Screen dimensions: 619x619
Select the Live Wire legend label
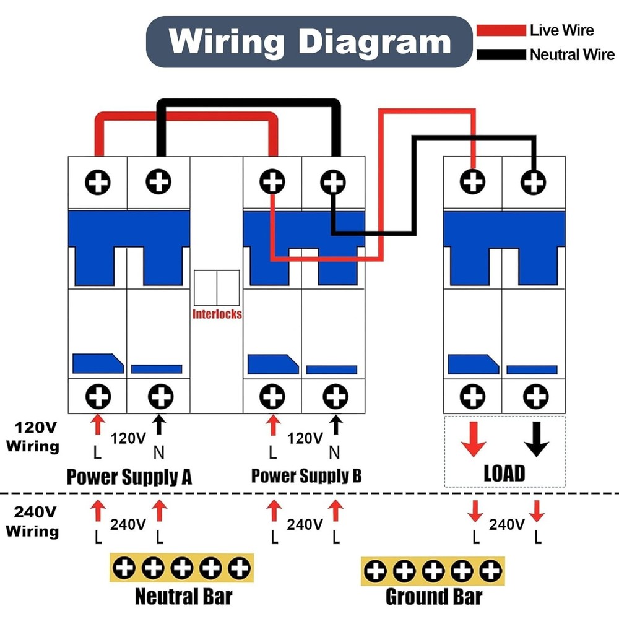tap(561, 30)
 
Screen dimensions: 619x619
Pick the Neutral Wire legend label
tap(571, 54)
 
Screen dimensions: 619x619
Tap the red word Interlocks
tap(217, 314)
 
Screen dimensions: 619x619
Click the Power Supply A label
tap(129, 477)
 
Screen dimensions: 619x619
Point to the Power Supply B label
tap(306, 476)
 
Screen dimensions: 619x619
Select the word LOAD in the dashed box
tap(504, 474)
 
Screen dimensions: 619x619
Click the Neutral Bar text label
tap(184, 597)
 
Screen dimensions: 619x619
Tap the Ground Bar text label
tap(433, 597)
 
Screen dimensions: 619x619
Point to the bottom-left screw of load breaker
tap(473, 395)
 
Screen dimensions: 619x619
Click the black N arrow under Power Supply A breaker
tap(159, 425)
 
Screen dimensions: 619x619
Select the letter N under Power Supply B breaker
tap(334, 452)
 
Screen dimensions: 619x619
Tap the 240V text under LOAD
tap(506, 525)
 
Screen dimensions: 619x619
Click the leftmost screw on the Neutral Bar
tap(124, 568)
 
